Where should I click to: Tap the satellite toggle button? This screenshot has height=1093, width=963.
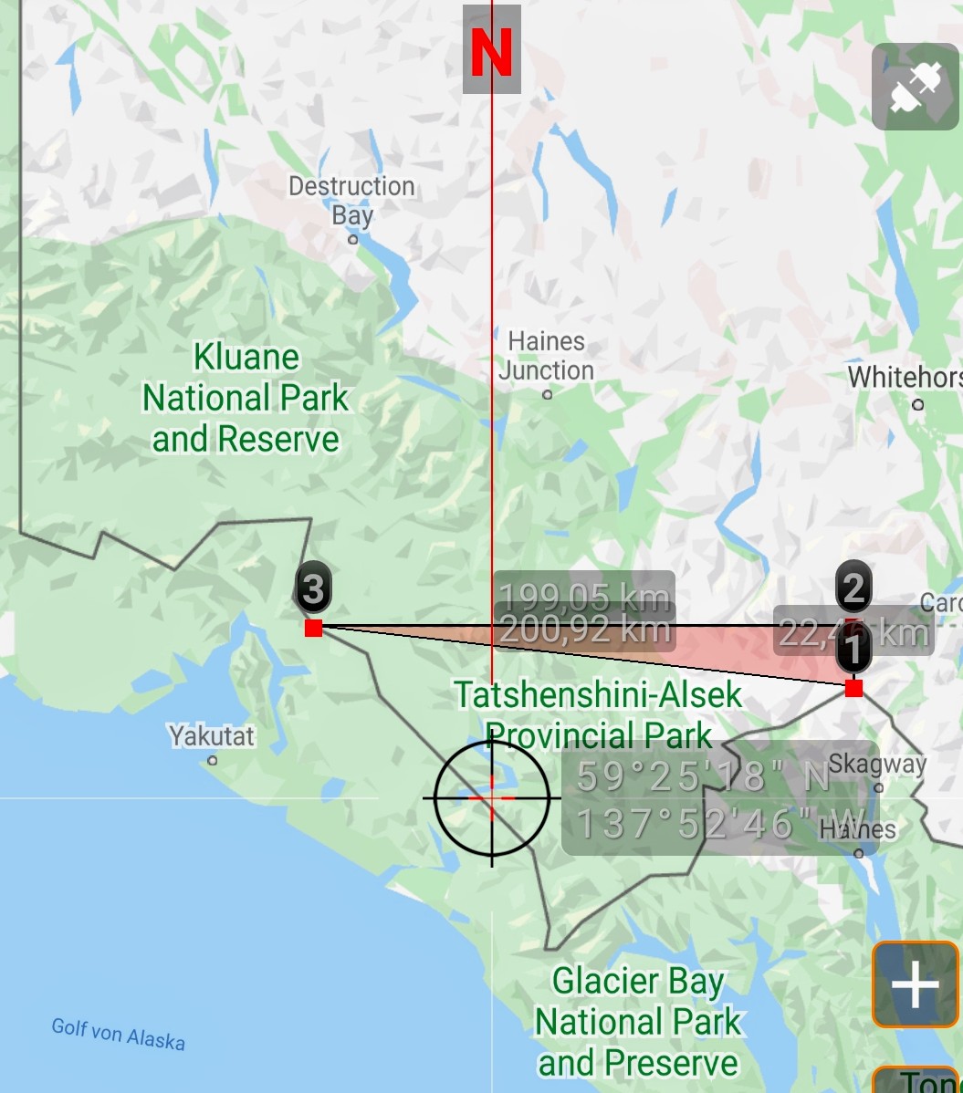(915, 87)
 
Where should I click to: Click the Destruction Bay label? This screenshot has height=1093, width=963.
(351, 200)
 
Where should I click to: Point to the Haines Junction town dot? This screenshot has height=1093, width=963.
(548, 395)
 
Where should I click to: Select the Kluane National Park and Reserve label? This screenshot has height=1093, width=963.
(246, 398)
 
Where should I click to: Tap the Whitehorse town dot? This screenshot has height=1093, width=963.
(918, 404)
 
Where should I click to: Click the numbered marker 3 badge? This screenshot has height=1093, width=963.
(313, 588)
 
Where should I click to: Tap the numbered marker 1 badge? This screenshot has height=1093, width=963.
(853, 651)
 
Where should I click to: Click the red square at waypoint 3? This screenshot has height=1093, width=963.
(314, 628)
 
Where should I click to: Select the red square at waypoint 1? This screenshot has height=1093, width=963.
(853, 688)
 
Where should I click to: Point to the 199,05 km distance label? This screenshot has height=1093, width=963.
(584, 598)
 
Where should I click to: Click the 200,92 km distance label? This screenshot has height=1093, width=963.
(584, 630)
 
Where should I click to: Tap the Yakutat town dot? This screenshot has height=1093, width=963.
(213, 760)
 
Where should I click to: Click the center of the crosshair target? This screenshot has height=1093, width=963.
(492, 797)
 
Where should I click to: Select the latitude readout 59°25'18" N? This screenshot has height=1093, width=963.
(703, 776)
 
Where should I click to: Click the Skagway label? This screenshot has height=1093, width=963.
(877, 764)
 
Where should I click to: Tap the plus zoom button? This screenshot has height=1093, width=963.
(915, 985)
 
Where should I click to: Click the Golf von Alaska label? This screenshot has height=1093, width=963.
(118, 1033)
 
